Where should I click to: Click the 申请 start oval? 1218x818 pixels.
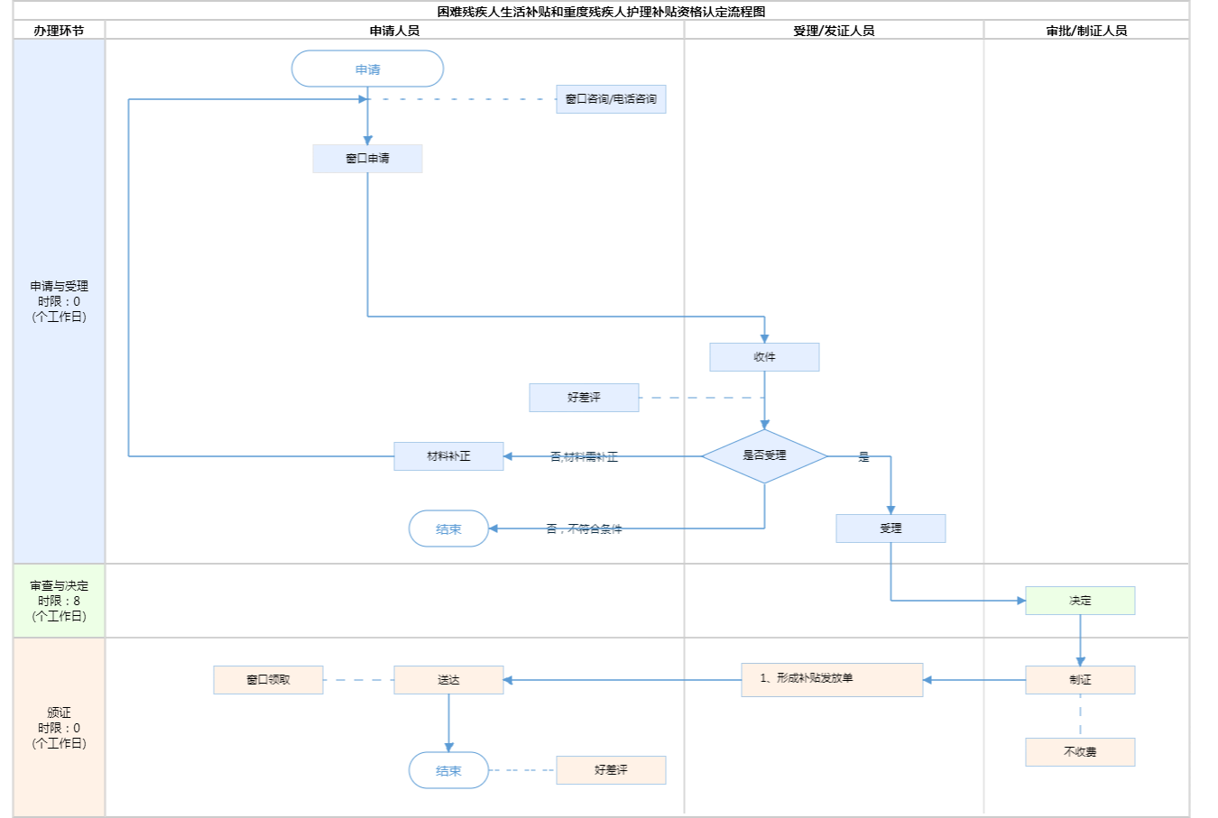coord(367,69)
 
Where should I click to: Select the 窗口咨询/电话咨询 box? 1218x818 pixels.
coord(611,99)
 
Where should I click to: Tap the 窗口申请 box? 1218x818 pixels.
coord(367,159)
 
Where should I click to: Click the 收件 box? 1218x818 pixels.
coord(764,357)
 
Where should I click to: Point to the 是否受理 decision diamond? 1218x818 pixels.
coord(764,456)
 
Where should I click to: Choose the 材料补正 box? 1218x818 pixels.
coord(448,456)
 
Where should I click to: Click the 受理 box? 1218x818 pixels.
coord(890,528)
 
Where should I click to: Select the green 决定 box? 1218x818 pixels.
coord(1080,601)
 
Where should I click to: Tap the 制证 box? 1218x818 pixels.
coord(1080,680)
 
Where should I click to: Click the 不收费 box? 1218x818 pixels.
coord(1080,752)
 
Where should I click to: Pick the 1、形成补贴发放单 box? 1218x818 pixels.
coord(832,680)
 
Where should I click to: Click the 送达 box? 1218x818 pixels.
coord(448,680)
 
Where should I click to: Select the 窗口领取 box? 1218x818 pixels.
coord(268,680)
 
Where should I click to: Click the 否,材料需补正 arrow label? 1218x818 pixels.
coord(584,457)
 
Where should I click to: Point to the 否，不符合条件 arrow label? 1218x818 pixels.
coord(584,529)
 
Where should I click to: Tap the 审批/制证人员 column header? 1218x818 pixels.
coord(1086,31)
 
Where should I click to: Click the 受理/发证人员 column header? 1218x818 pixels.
coord(834,31)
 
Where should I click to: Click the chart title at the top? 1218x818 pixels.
coord(601,12)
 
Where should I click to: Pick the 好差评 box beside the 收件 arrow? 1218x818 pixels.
coord(584,398)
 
